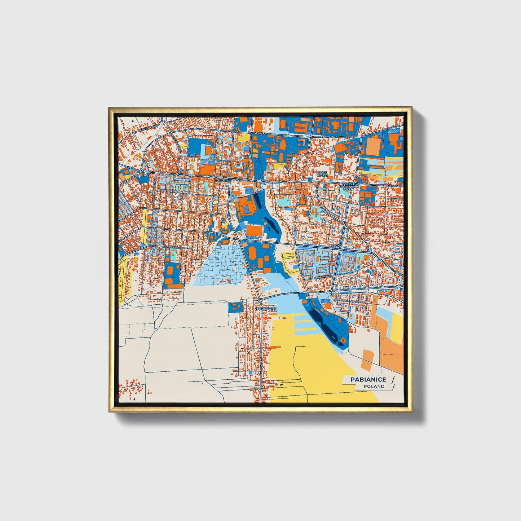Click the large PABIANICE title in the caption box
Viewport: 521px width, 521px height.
(368, 379)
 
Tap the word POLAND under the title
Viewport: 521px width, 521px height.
(374, 387)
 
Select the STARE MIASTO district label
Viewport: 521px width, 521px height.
(322, 175)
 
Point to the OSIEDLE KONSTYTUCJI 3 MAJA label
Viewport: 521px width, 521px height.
(349, 185)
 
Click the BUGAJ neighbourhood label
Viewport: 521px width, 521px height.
(336, 245)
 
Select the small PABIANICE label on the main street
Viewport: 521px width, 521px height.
(223, 180)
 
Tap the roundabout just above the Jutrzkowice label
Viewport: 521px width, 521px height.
(260, 300)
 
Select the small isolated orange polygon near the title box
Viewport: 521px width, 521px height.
(367, 359)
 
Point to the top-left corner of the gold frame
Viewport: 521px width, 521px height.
(109, 108)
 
